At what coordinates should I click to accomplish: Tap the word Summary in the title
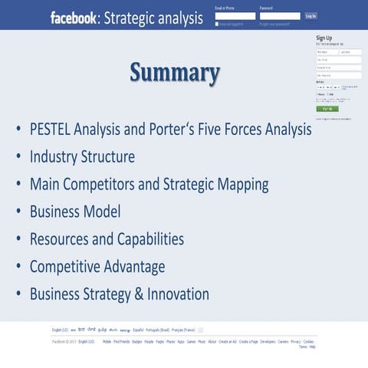[x=175, y=73]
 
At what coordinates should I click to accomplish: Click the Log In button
[x=310, y=15]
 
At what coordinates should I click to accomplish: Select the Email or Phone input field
[x=235, y=16]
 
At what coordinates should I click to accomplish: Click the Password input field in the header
[x=280, y=16]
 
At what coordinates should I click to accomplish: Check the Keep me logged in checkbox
[x=217, y=24]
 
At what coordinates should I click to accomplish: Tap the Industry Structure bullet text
[x=82, y=156]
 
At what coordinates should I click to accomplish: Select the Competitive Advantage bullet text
[x=97, y=267]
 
